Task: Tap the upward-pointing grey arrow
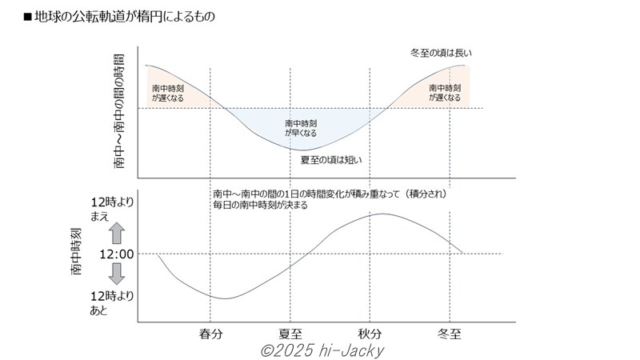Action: (115, 234)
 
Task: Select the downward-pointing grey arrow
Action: (115, 274)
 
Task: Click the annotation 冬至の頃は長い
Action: (441, 54)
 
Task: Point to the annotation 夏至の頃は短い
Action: (331, 159)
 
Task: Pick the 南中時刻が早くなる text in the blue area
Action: (300, 129)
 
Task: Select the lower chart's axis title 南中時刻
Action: (76, 252)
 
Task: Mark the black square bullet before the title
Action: (27, 16)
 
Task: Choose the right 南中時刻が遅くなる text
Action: (445, 92)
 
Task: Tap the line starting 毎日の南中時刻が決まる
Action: (260, 205)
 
